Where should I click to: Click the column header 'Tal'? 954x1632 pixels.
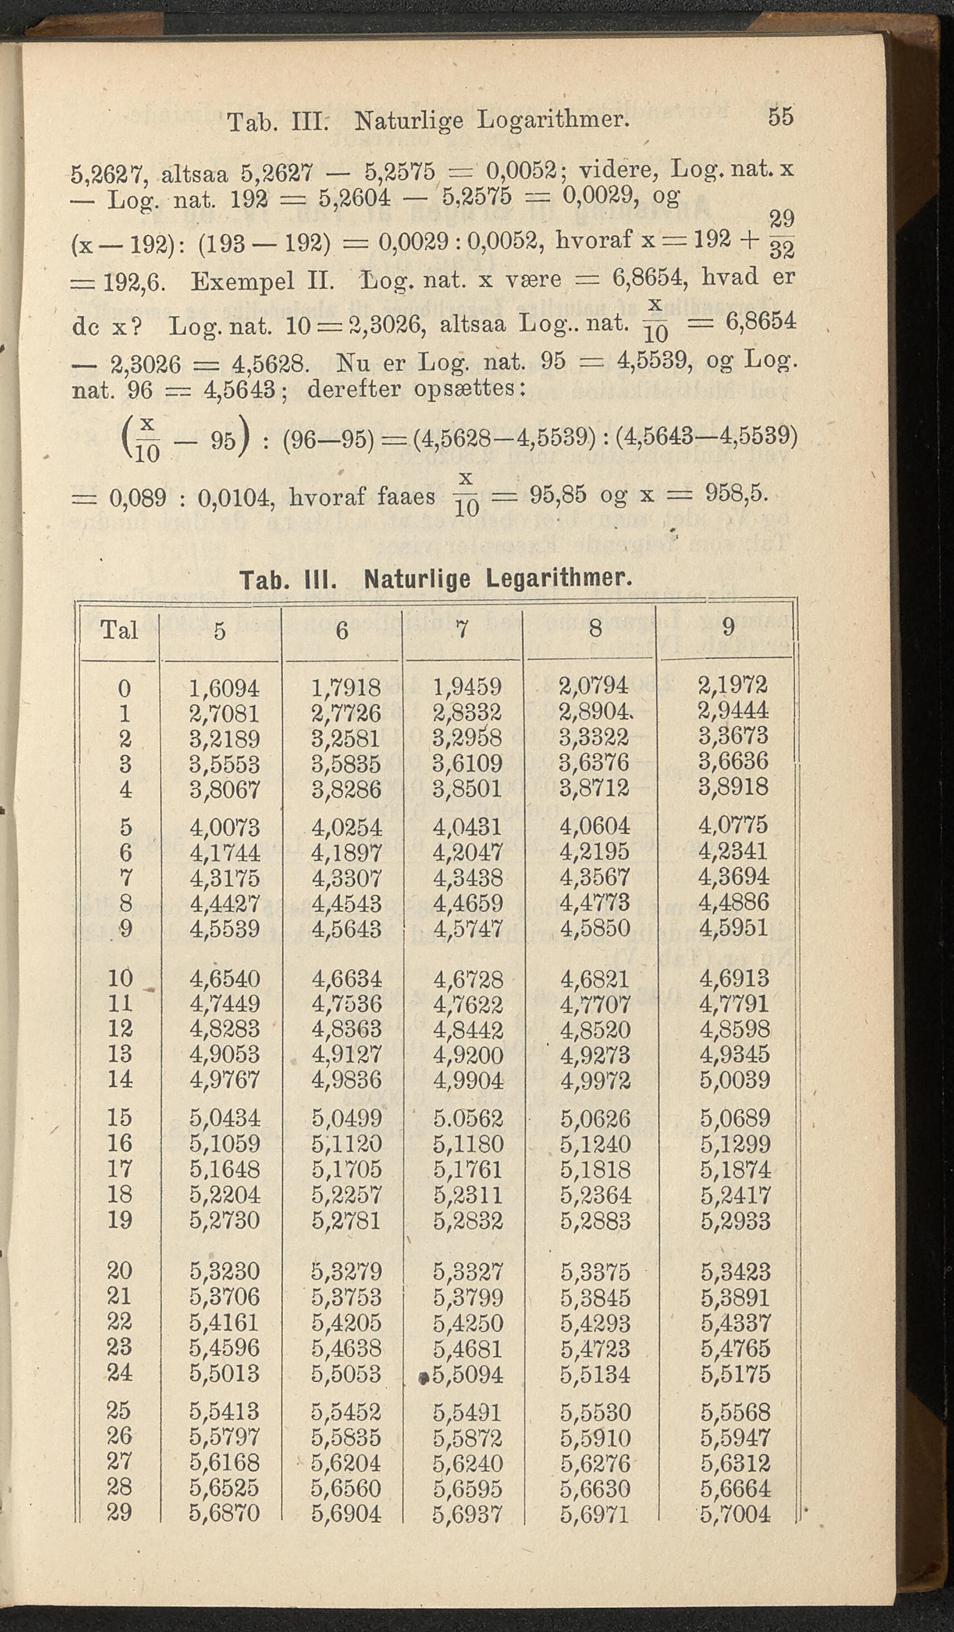[119, 630]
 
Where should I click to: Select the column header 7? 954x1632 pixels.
[462, 629]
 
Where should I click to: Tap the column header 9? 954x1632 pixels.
[728, 627]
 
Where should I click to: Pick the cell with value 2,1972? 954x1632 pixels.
[733, 685]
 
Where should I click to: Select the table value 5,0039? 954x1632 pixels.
[735, 1080]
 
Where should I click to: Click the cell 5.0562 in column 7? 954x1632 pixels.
[468, 1118]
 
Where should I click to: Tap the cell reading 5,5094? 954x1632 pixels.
[468, 1374]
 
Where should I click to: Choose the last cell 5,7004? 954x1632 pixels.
[735, 1514]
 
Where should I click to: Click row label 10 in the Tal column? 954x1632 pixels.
[120, 978]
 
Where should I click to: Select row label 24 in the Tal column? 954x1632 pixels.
[120, 1373]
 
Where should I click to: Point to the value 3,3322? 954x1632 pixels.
[594, 738]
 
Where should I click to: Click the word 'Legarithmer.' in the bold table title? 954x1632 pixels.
[559, 578]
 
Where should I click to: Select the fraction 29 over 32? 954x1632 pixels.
[781, 234]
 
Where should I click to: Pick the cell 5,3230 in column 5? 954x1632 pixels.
[224, 1271]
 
